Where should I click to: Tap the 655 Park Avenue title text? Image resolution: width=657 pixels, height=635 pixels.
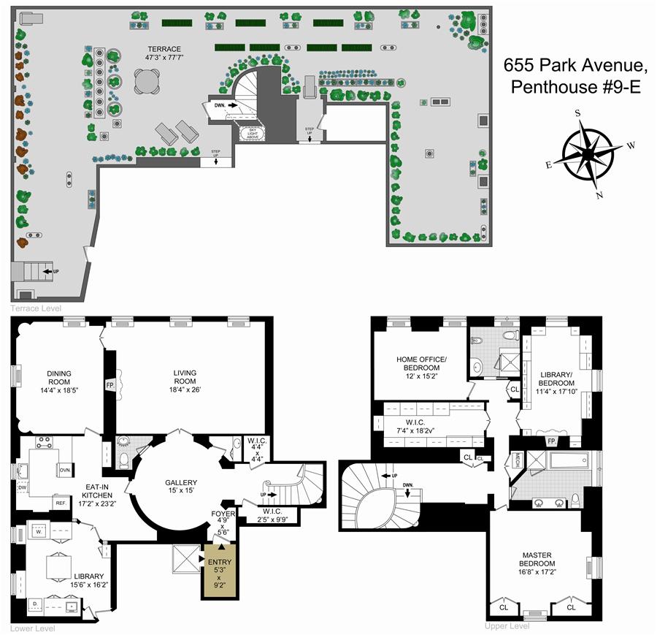pyautogui.click(x=575, y=77)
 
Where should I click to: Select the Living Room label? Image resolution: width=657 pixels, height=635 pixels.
pyautogui.click(x=185, y=381)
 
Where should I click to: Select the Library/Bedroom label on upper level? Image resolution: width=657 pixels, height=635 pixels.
pyautogui.click(x=557, y=384)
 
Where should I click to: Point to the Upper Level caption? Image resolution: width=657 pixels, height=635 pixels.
pyautogui.click(x=507, y=626)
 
